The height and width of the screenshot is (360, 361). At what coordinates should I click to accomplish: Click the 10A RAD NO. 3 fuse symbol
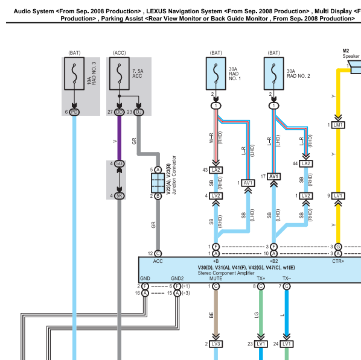tap(74, 74)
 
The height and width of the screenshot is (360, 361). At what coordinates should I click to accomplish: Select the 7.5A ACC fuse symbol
tap(120, 74)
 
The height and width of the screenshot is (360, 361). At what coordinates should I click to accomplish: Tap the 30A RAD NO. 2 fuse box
tap(273, 74)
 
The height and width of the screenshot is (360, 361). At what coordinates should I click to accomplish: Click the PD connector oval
tap(74, 112)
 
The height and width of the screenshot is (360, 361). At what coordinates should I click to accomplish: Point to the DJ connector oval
tap(139, 112)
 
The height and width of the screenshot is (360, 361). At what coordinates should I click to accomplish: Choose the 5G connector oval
tap(120, 163)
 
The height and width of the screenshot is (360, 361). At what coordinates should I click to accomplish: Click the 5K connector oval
tap(120, 196)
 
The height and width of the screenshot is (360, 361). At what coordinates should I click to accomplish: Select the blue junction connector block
tap(158, 183)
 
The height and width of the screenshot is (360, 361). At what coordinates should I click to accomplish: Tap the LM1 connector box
tap(338, 125)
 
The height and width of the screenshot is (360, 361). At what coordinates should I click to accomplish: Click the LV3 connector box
tap(216, 344)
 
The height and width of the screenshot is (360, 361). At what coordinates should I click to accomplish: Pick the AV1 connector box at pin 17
tap(273, 177)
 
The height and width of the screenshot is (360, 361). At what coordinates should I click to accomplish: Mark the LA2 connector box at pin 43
tap(216, 170)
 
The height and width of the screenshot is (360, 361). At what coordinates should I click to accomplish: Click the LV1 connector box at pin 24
tap(287, 344)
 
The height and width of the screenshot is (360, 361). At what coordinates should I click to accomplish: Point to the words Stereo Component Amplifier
tap(226, 273)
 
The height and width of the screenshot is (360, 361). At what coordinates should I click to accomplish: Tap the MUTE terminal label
tap(216, 279)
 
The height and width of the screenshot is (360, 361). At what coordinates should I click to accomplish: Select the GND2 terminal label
tap(177, 279)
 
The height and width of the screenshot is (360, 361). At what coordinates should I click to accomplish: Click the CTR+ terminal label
tap(338, 261)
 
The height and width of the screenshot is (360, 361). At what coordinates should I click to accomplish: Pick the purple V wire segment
tap(120, 138)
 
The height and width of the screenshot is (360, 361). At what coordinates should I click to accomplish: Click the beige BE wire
tap(216, 312)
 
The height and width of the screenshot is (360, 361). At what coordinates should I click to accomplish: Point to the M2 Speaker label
tap(351, 54)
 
